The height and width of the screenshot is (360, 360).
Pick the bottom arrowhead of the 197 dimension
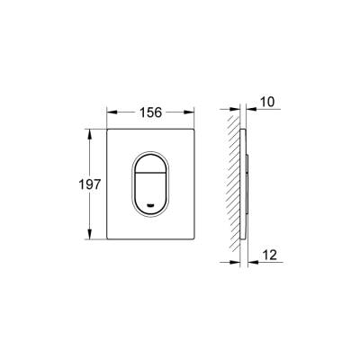point(91,236)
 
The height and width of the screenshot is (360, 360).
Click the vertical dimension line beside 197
point(91,207)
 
